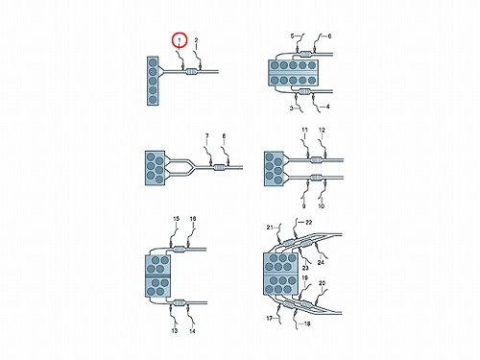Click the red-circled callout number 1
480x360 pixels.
pos(180,40)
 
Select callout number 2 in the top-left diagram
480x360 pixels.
pos(196,40)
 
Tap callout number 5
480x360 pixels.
pos(292,36)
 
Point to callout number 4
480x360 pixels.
pos(327,107)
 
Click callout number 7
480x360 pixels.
pos(207,136)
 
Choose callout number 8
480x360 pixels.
pos(224,136)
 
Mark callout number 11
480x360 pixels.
pos(304,130)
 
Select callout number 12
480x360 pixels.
pos(322,130)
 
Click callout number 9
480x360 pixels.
pos(303,206)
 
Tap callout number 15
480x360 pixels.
pos(177,219)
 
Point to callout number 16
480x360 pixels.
pos(193,219)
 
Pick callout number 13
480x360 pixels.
pos(175,330)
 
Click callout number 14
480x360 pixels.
pos(192,331)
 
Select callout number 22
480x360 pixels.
pos(308,222)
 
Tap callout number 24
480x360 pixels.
pos(321,262)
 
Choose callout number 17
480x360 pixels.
pos(270,319)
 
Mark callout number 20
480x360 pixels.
pos(322,283)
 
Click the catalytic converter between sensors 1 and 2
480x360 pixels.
pos(191,72)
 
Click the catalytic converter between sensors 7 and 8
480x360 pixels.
pos(219,168)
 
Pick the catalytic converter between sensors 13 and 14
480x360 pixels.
pos(180,302)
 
